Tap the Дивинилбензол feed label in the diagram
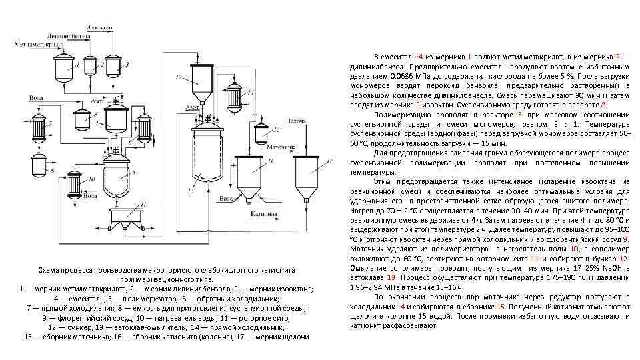point(69,35)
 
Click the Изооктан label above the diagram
point(99,27)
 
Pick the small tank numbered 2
point(91,66)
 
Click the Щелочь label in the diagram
point(294,121)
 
